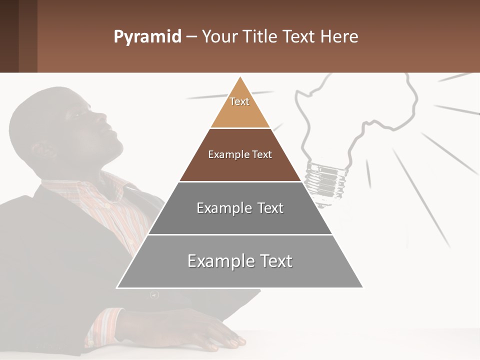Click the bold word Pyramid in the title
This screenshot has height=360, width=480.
[147, 37]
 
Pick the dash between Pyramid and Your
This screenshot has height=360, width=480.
[191, 37]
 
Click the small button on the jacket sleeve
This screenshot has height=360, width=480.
[154, 295]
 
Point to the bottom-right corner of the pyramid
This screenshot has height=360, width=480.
[363, 287]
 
